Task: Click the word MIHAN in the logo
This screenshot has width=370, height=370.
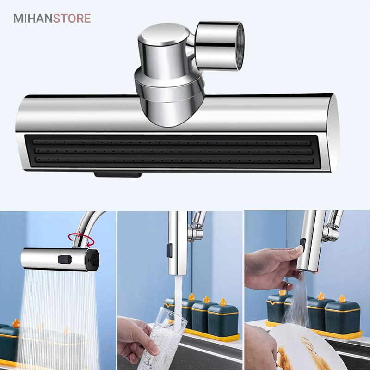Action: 33,18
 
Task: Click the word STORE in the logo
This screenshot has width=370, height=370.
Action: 72,18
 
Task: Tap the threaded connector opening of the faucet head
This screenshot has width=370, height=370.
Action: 240,46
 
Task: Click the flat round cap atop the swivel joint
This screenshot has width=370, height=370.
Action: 164,34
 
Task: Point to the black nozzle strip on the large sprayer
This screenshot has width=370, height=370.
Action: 172,152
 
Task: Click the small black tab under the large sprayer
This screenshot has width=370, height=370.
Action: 118,175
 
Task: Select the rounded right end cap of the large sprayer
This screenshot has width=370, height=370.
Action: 334,133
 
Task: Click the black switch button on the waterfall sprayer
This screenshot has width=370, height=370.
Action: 65,259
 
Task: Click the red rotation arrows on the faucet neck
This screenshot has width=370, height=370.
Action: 81,240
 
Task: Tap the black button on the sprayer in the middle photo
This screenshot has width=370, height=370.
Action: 169,251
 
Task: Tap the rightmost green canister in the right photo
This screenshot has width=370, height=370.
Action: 343,315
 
